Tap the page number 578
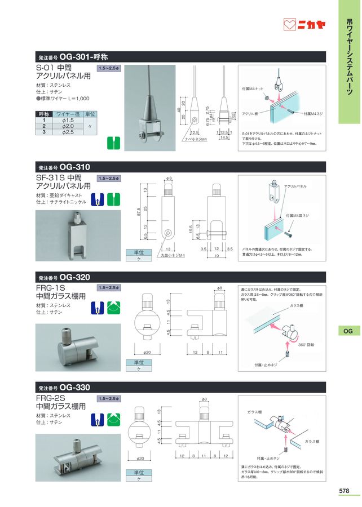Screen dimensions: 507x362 (346, 491)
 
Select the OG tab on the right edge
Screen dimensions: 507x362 (348, 331)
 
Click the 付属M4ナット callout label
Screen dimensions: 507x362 (253, 88)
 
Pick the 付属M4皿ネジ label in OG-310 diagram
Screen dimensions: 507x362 (297, 215)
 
